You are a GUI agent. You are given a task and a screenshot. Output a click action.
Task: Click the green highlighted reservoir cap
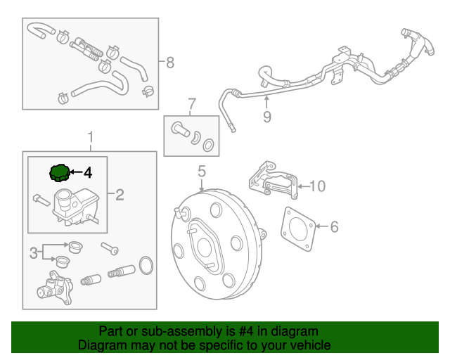pos(59,172)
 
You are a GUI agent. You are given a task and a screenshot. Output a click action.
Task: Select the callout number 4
pos(88,172)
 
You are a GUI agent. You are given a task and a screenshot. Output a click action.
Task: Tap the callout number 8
pos(169,63)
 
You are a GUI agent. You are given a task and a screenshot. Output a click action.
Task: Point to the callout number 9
pos(266,117)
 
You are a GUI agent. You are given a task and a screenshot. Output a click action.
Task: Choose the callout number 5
pos(201,171)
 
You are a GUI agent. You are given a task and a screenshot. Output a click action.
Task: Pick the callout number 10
pos(318,186)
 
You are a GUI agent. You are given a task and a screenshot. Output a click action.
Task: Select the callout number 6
pos(334,226)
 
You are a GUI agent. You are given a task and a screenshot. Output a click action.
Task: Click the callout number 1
pos(90,136)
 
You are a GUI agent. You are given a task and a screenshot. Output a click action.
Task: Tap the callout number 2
pos(120,195)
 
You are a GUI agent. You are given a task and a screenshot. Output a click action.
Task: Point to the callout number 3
pos(32,252)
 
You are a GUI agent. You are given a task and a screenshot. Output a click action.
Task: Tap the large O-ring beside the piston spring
pos(147,266)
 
